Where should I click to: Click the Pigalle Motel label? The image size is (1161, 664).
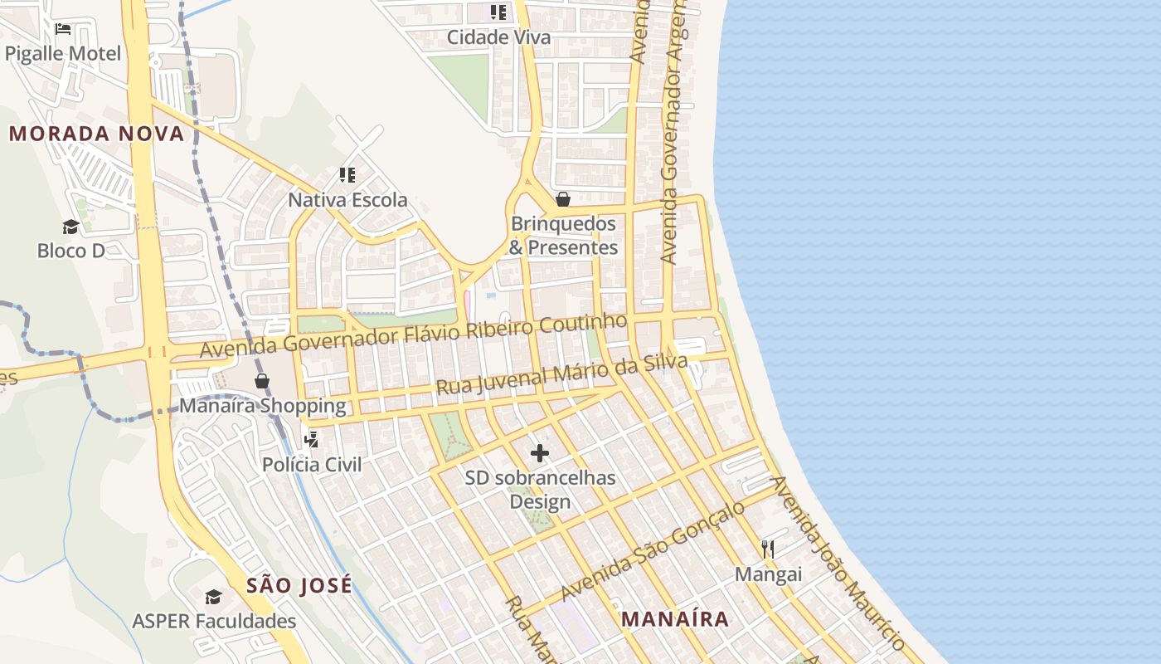click(x=63, y=54)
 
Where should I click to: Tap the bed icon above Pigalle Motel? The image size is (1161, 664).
click(x=63, y=29)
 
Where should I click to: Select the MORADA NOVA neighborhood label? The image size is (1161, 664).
click(x=96, y=134)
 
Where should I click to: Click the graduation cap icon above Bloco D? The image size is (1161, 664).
click(x=70, y=227)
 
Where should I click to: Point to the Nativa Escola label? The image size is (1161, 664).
click(x=347, y=200)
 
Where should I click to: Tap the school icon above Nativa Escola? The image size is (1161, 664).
click(x=347, y=175)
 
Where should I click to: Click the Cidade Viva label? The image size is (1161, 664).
click(x=498, y=37)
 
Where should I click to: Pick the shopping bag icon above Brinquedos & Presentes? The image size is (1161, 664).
click(x=563, y=199)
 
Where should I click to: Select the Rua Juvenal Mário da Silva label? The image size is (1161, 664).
click(x=561, y=375)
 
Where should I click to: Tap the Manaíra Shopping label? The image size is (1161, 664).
click(x=263, y=406)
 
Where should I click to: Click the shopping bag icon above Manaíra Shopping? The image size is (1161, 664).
click(x=262, y=381)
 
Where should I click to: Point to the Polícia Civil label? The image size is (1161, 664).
click(x=312, y=464)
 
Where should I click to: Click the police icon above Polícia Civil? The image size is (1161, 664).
click(x=312, y=440)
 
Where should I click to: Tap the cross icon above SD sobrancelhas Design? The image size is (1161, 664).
click(x=540, y=453)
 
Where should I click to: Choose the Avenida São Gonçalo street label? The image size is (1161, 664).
click(x=653, y=551)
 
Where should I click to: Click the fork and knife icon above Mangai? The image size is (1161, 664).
click(x=768, y=549)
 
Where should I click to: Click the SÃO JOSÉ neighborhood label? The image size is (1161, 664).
click(x=299, y=585)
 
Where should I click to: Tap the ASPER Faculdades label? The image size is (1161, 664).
click(x=214, y=621)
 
